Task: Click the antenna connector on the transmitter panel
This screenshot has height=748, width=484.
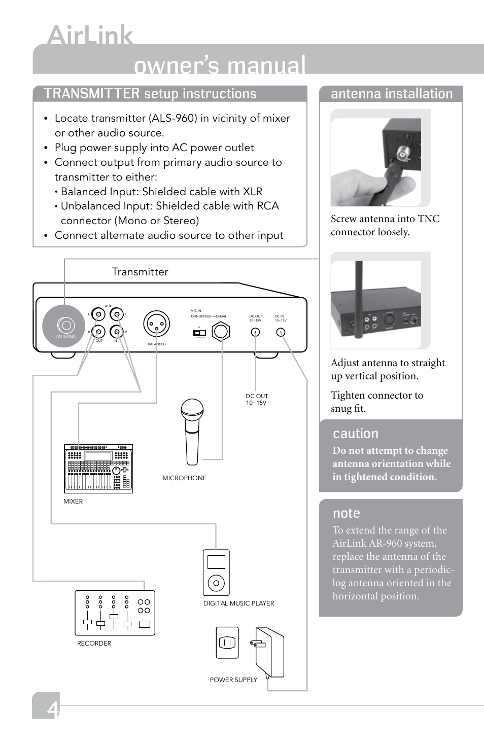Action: (x=65, y=325)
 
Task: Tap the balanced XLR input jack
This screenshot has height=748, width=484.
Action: (x=156, y=324)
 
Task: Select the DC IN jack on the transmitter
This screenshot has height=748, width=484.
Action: (x=280, y=332)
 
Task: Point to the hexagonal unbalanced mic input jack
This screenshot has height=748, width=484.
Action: (x=221, y=331)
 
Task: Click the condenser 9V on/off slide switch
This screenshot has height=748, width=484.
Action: (x=199, y=333)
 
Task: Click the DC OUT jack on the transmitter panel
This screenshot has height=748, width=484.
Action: (x=256, y=332)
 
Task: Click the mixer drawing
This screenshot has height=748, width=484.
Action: (x=98, y=469)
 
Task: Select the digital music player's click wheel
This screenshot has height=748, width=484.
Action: (x=216, y=583)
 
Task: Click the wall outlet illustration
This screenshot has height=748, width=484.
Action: (x=227, y=643)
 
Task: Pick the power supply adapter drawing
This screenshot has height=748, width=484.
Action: (x=269, y=652)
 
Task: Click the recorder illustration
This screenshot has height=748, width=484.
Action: (x=115, y=613)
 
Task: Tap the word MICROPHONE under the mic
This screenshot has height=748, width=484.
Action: (x=184, y=478)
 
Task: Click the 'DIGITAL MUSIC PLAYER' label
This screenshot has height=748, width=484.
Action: (x=238, y=603)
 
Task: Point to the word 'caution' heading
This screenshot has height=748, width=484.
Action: (x=356, y=434)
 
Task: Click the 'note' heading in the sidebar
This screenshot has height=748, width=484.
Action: (x=347, y=513)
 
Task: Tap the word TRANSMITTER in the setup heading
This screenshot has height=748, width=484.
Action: (x=91, y=94)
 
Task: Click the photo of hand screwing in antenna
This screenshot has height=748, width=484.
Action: (x=381, y=158)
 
